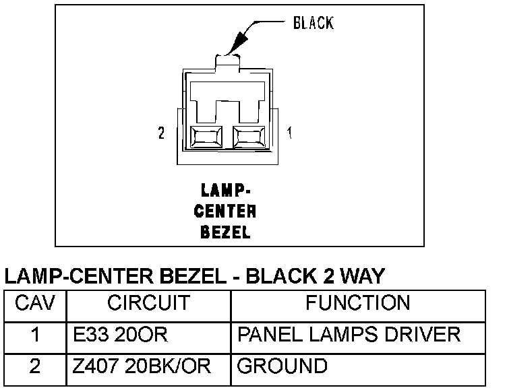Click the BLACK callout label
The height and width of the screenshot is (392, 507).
tap(313, 23)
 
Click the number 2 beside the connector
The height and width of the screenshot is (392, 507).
tap(161, 133)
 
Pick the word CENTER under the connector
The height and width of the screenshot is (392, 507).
tap(225, 211)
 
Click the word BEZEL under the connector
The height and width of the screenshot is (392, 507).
tap(225, 233)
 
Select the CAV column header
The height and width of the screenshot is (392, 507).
tap(35, 303)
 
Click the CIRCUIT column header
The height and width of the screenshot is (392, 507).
tap(148, 303)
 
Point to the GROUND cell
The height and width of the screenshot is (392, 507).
tap(282, 366)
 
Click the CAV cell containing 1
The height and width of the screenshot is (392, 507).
tap(35, 335)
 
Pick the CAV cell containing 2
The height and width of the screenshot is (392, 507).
tap(35, 366)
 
